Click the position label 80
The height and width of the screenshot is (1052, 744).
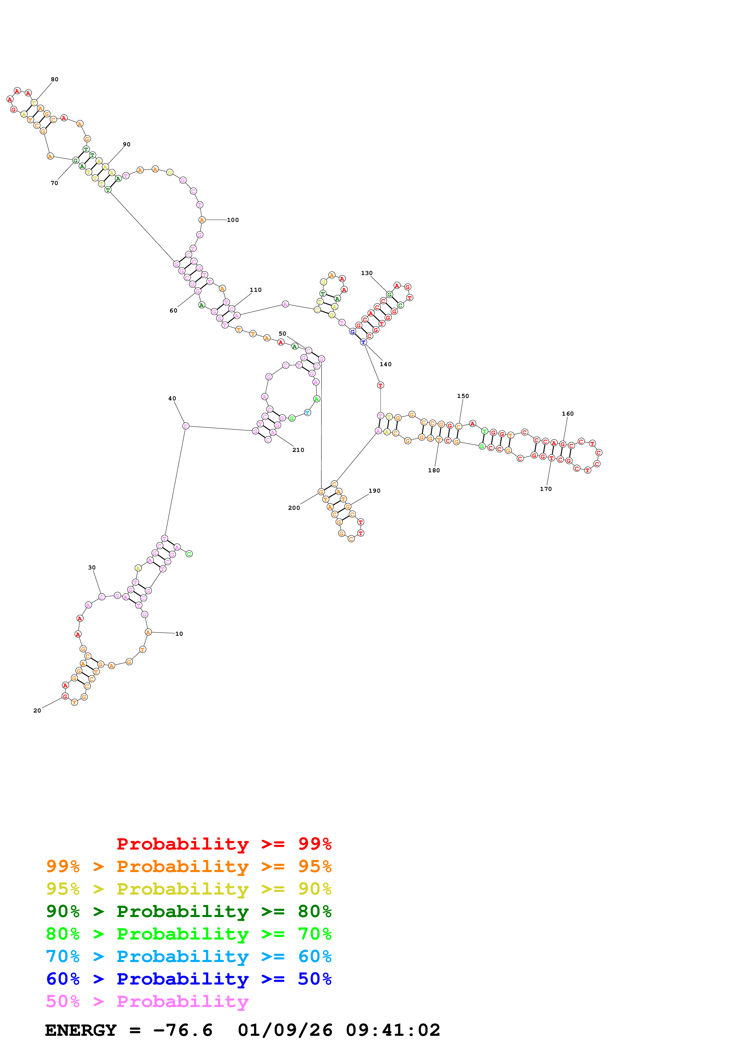click(55, 79)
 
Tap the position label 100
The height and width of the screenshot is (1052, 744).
click(233, 220)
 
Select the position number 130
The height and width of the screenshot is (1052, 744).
click(367, 273)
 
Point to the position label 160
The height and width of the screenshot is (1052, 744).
click(568, 414)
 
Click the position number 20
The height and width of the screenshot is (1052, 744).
click(37, 711)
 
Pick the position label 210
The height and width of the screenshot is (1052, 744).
click(298, 450)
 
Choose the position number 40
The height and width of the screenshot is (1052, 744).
click(172, 399)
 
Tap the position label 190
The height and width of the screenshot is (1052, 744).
click(375, 491)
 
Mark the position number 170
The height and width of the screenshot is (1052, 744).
click(546, 489)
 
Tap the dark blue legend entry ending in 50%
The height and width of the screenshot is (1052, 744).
click(188, 979)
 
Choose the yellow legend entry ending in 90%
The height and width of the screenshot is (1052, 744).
click(188, 889)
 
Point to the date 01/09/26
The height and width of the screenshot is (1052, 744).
click(285, 1030)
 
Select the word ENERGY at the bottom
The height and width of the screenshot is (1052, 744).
click(81, 1030)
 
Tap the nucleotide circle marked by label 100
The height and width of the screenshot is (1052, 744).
click(202, 220)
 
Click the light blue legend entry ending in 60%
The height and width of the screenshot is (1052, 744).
click(188, 956)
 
